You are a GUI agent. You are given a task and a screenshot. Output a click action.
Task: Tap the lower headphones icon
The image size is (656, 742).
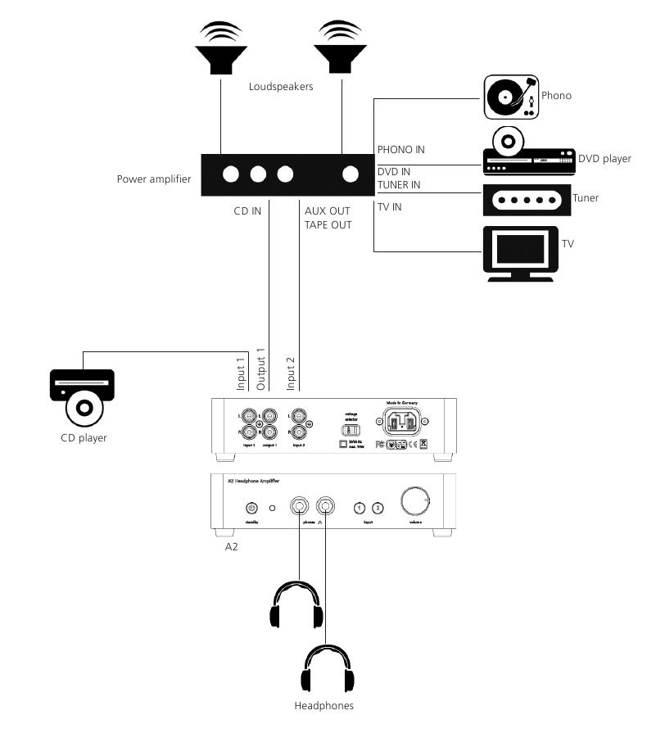328,669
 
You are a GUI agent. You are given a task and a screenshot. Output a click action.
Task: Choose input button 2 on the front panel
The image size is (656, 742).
378,509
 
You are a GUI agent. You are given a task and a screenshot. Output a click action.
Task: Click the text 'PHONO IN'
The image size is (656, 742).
400,150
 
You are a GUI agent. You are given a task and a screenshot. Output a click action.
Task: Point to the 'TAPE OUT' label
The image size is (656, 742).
328,224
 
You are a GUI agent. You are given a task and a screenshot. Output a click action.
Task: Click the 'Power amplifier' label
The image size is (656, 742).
153,179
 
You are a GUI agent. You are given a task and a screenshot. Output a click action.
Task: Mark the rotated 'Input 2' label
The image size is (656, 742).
292,373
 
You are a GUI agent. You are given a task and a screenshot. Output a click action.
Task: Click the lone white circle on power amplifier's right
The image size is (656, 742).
351,174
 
